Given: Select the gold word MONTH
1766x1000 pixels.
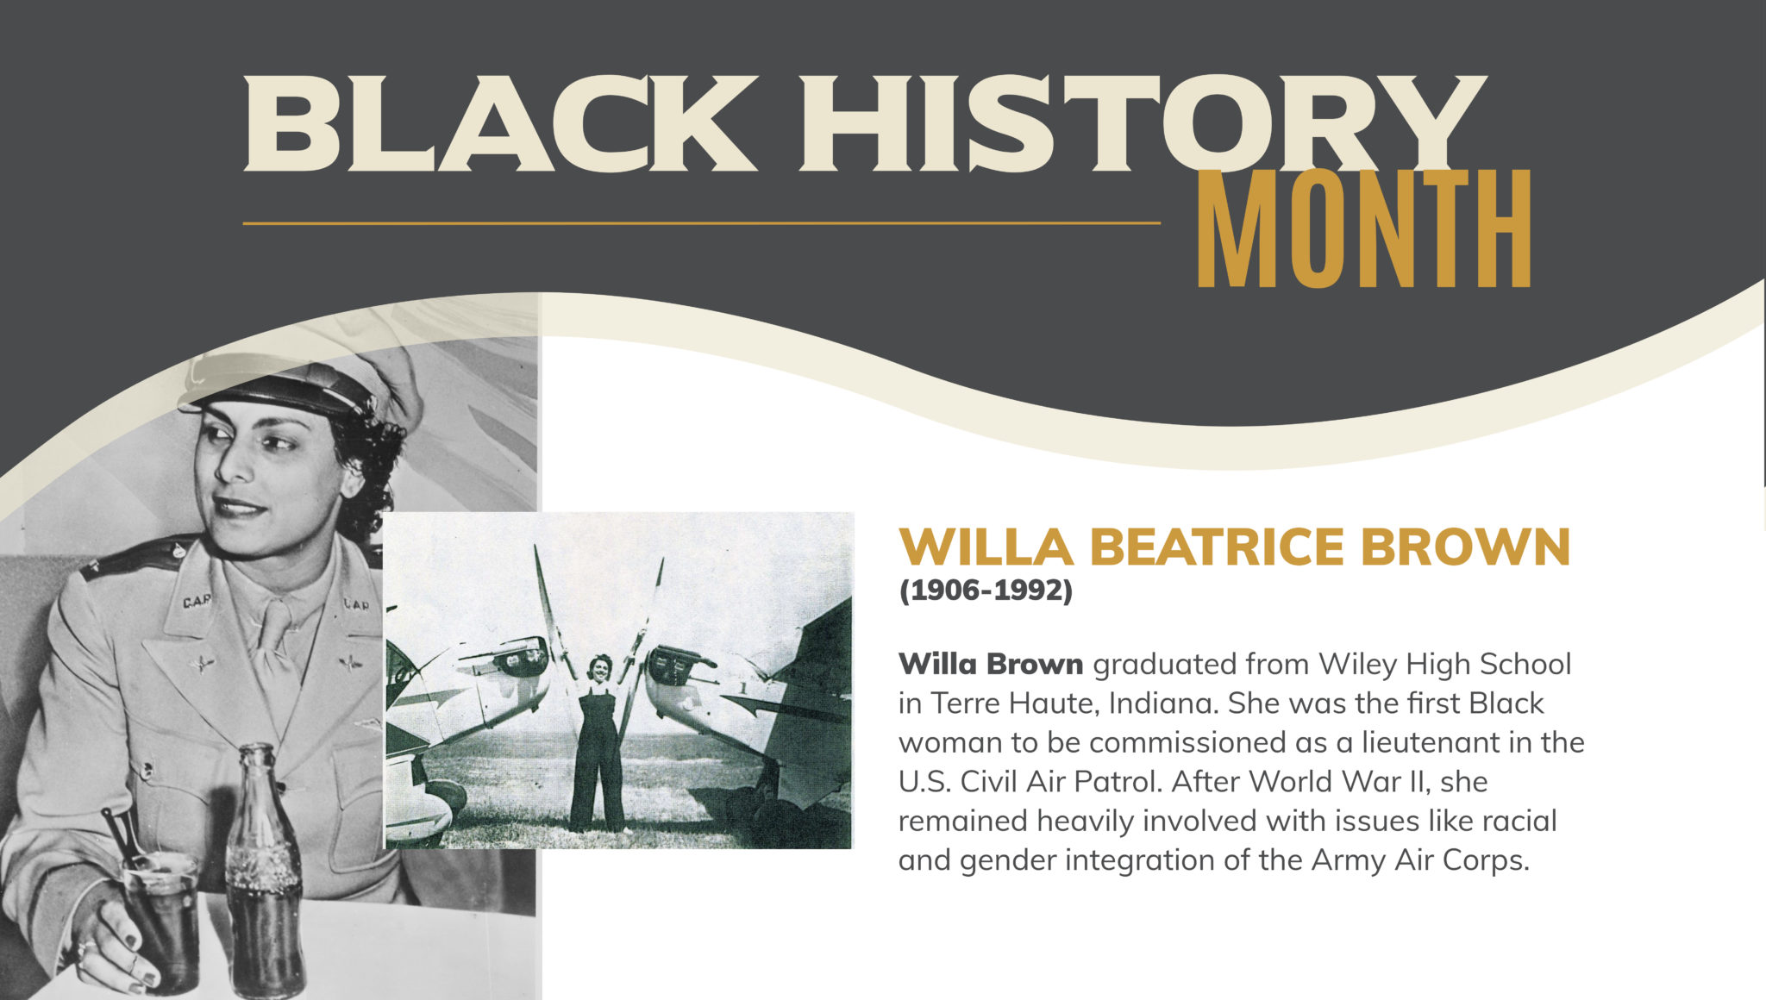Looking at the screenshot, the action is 1364,228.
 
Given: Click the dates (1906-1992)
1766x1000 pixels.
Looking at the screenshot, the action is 986,591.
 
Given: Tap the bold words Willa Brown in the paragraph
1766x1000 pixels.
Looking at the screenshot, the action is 991,664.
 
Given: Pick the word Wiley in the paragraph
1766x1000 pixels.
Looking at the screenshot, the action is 1357,665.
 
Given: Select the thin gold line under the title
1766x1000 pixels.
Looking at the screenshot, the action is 701,223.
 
